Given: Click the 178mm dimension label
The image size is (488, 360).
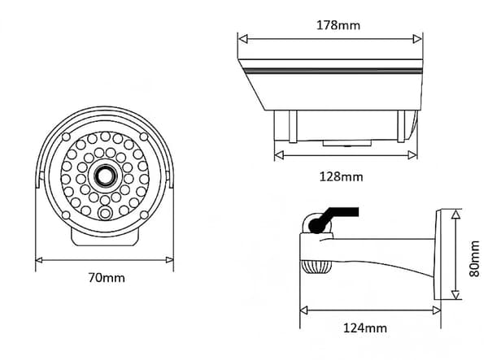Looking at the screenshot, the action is click(338, 25).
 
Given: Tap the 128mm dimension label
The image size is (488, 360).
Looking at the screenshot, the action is click(341, 177).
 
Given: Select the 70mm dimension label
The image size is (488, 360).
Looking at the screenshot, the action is click(107, 278).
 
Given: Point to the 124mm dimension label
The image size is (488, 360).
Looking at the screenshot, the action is click(364, 328).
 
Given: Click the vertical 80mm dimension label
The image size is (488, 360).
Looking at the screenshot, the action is click(474, 258).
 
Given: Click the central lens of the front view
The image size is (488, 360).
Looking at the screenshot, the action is click(105, 176).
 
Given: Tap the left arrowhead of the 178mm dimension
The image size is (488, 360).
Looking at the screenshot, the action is click(242, 39).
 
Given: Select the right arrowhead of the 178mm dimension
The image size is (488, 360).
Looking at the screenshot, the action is click(417, 39).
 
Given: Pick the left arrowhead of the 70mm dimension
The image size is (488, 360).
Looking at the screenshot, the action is click(39, 260).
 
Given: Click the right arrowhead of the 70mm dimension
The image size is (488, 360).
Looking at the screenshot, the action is click(170, 260).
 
